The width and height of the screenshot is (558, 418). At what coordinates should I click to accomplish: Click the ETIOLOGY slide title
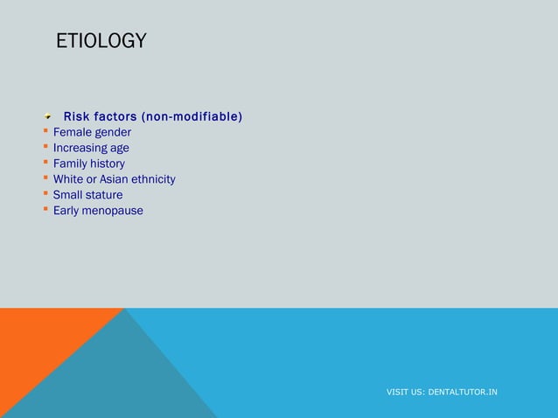pyautogui.click(x=101, y=41)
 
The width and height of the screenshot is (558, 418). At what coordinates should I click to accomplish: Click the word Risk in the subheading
pyautogui.click(x=77, y=116)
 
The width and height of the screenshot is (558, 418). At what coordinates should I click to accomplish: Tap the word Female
pyautogui.click(x=73, y=132)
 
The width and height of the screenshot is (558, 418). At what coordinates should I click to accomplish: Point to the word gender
pyautogui.click(x=113, y=132)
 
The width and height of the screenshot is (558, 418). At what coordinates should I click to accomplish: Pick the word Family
pyautogui.click(x=71, y=164)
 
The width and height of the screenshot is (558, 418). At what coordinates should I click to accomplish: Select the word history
pyautogui.click(x=108, y=164)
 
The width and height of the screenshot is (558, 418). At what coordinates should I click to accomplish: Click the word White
pyautogui.click(x=69, y=179)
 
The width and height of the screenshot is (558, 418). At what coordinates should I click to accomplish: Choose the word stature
pyautogui.click(x=104, y=195)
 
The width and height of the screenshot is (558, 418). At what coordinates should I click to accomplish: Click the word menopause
pyautogui.click(x=114, y=211)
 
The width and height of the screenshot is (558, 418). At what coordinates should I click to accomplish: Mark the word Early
pyautogui.click(x=67, y=211)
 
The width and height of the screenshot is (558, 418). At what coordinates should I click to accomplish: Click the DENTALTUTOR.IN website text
pyautogui.click(x=463, y=392)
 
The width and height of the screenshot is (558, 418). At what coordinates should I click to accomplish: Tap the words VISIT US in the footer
pyautogui.click(x=405, y=392)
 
